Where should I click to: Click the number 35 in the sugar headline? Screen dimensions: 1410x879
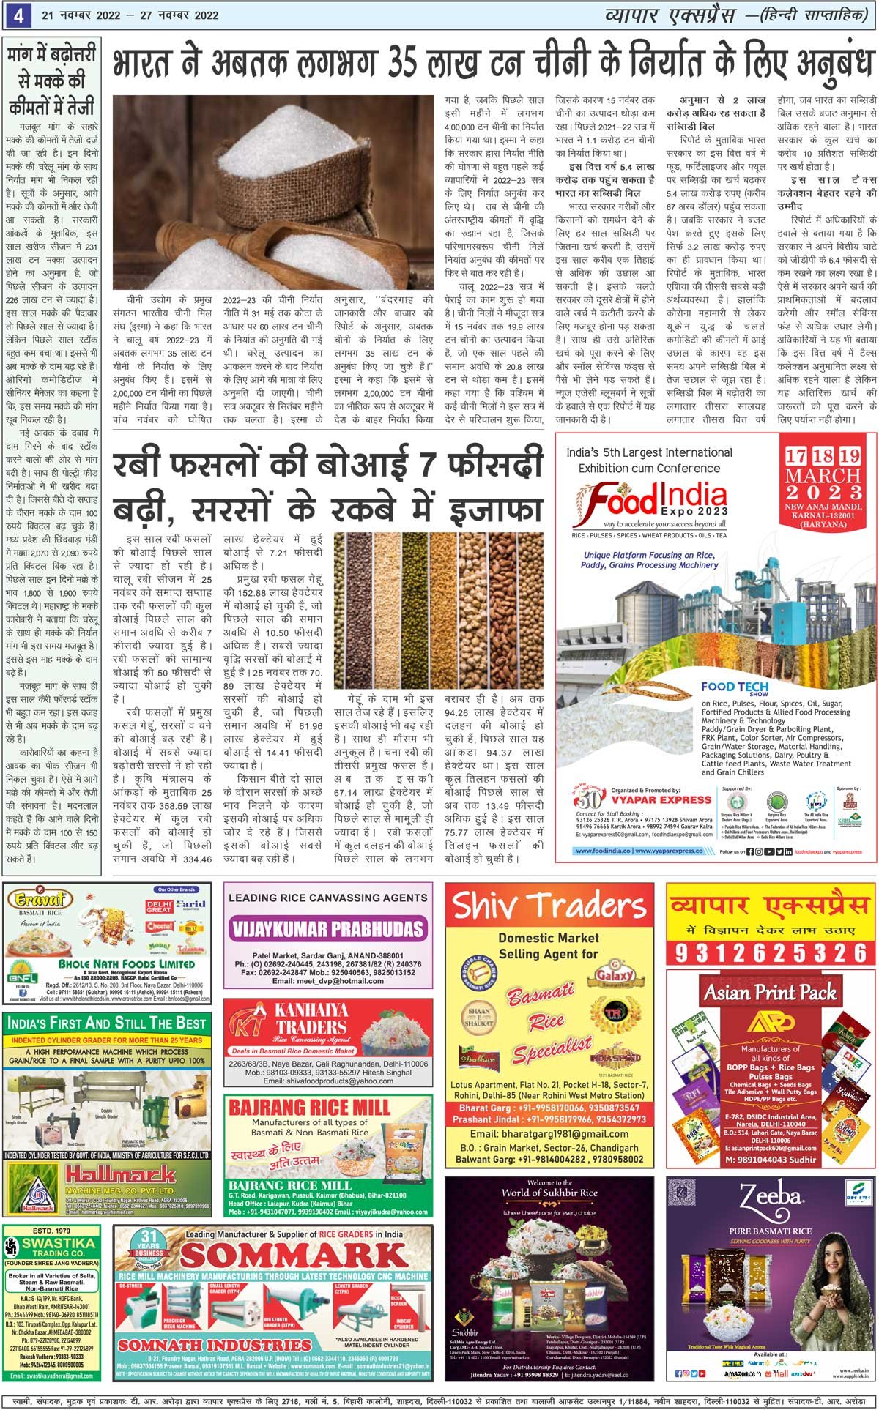(x=417, y=66)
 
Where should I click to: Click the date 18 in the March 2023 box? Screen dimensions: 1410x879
(x=823, y=456)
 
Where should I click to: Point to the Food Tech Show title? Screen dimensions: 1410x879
(x=734, y=688)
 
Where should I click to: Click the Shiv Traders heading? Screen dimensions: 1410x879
(x=549, y=906)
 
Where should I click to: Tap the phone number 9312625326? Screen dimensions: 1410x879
(x=771, y=952)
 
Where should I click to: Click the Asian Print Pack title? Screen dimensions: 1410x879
(x=771, y=993)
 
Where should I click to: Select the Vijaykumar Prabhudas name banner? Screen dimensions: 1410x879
(x=327, y=929)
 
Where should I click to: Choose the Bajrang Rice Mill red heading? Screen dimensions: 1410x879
(x=309, y=1107)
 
